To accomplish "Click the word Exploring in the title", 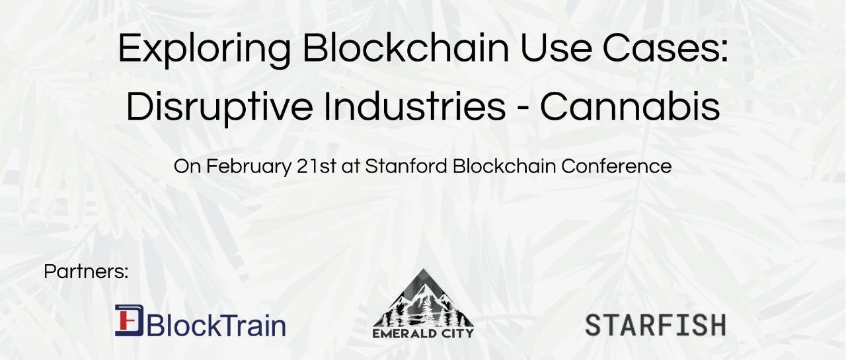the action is point(204,50).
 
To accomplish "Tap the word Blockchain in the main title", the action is point(406,48).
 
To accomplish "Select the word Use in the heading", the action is point(556,49).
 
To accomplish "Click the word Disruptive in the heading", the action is point(219,107).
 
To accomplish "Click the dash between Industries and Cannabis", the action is point(523,110).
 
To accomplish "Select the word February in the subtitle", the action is point(249,167).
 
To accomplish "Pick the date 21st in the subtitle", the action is point(316,166).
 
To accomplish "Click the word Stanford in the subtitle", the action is point(406,166).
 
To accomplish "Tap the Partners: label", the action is point(86,271).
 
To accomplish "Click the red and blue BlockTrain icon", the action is point(129,320).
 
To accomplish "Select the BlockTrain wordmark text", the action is point(215,325).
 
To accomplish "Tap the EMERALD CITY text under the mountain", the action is point(423,333).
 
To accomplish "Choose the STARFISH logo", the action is point(655,325).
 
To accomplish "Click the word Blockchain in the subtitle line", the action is point(504,166).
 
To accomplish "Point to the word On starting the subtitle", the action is point(187,166).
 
